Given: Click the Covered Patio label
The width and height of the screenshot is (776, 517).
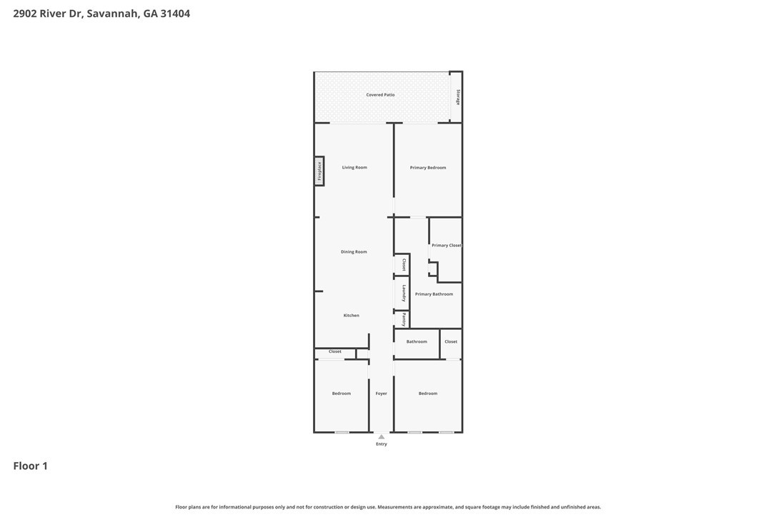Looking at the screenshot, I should (380, 95).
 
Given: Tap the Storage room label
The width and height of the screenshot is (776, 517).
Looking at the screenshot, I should (458, 96).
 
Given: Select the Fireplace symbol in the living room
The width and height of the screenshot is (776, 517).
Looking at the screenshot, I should (319, 171).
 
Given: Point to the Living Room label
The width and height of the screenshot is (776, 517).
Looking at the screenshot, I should (354, 168).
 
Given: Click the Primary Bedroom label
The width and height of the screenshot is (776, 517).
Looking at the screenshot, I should (428, 168).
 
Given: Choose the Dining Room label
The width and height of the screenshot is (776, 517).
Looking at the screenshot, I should (354, 252).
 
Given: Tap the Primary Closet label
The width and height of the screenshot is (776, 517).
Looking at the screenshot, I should (446, 246).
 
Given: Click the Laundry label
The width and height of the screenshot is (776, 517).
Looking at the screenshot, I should (404, 293).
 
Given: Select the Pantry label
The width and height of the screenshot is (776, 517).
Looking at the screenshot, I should (404, 319).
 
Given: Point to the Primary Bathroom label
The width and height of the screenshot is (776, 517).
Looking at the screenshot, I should (434, 294).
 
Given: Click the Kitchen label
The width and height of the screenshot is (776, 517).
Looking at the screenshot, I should (351, 316).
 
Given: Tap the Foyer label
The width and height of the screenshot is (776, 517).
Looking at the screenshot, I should (382, 393).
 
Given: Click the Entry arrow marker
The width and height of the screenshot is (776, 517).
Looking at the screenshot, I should (382, 436).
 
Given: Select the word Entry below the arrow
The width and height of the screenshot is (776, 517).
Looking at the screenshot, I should (382, 444).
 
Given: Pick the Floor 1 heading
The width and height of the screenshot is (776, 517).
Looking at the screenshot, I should (30, 466).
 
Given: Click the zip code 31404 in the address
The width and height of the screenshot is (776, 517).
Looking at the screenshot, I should (176, 14).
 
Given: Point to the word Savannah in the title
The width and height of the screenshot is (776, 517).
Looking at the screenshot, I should (113, 14).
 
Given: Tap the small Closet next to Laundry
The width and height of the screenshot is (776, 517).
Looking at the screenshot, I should (404, 264).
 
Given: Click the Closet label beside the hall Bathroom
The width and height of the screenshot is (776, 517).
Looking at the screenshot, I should (451, 342).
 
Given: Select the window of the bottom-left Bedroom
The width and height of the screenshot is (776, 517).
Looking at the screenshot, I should (342, 432).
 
